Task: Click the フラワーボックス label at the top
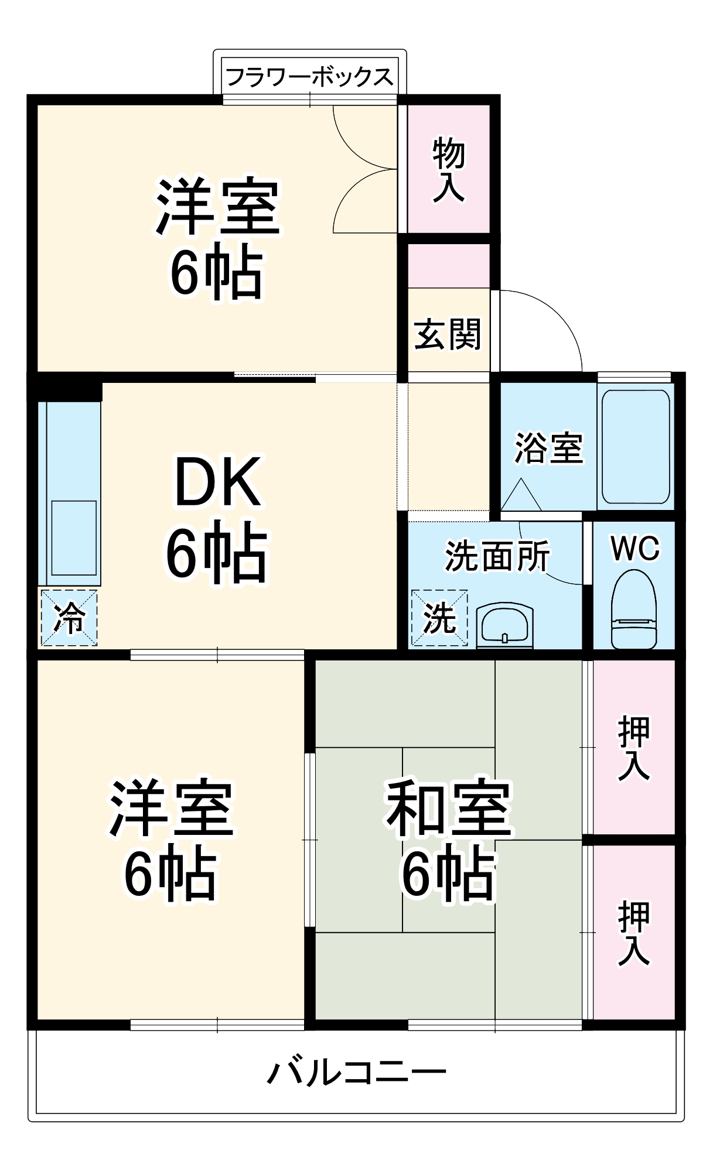309,77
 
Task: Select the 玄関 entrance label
448,334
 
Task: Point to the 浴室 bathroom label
548,448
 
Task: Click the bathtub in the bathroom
636,447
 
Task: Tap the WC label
634,549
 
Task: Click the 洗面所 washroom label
497,556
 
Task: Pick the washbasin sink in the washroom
505,625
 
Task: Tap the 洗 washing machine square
439,618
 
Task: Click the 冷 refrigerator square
69,618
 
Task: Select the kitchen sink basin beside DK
74,537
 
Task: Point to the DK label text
217,481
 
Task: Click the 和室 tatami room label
449,808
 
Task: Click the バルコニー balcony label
357,1073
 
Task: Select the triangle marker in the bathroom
521,495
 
